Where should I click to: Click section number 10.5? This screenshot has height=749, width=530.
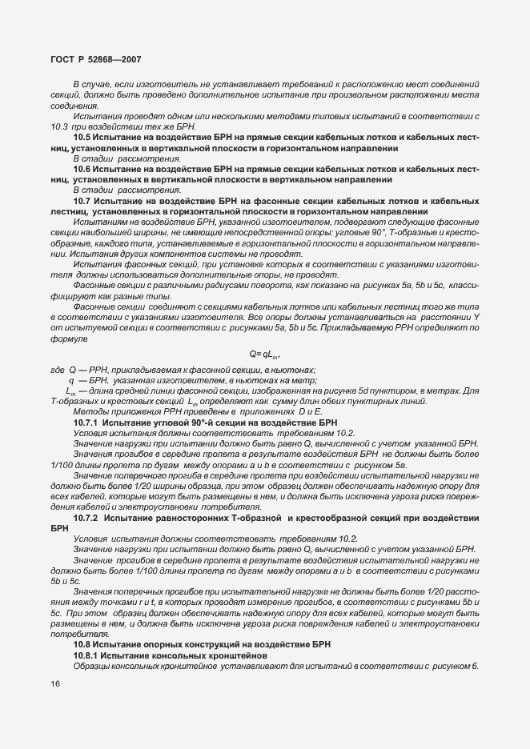click(84, 138)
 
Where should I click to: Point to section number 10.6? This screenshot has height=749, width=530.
click(84, 170)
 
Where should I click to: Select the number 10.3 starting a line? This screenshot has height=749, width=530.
click(58, 126)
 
